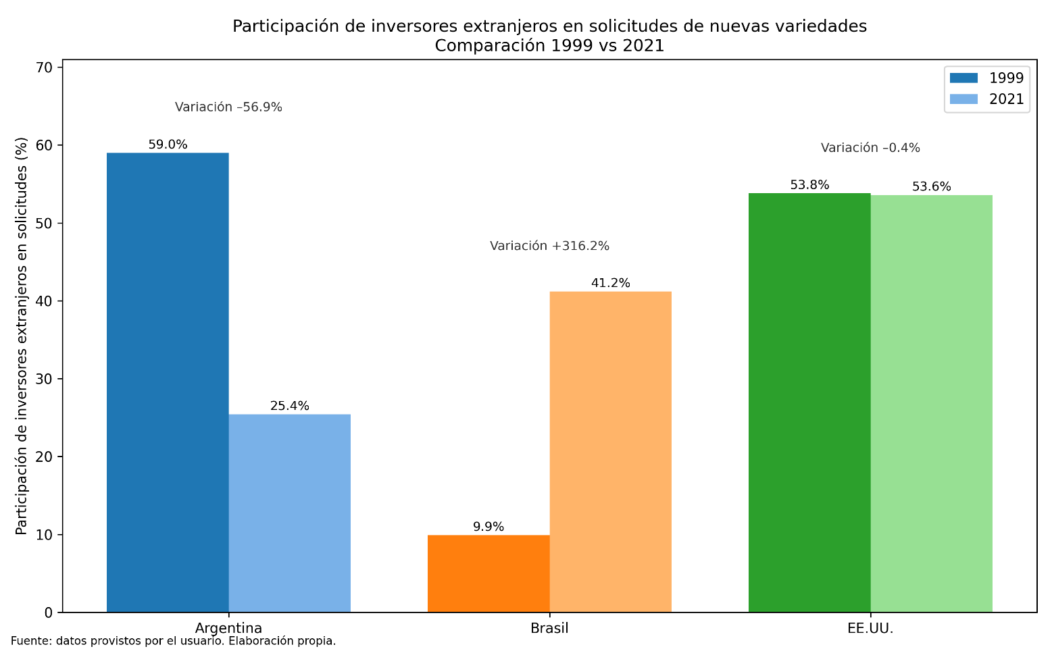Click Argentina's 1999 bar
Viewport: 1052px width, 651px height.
pyautogui.click(x=168, y=382)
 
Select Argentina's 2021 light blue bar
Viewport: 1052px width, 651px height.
pyautogui.click(x=289, y=513)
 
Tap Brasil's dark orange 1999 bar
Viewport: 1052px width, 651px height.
pyautogui.click(x=489, y=573)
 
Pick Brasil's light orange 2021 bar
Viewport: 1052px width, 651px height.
pyautogui.click(x=610, y=452)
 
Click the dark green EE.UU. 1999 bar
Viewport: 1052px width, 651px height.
pyautogui.click(x=809, y=402)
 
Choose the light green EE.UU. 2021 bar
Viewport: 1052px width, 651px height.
pyautogui.click(x=931, y=404)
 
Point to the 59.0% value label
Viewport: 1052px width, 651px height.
pyautogui.click(x=168, y=145)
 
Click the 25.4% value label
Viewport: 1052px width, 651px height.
pyautogui.click(x=289, y=406)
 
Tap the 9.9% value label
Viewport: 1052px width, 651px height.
pyautogui.click(x=489, y=527)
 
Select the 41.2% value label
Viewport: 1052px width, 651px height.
pyautogui.click(x=610, y=283)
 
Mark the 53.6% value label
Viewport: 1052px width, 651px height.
pyautogui.click(x=931, y=186)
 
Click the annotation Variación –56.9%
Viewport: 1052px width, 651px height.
pyautogui.click(x=228, y=107)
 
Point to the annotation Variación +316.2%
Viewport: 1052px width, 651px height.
pyautogui.click(x=549, y=246)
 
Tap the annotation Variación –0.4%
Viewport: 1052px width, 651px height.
pyautogui.click(x=870, y=147)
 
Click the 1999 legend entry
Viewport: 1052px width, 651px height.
pyautogui.click(x=986, y=78)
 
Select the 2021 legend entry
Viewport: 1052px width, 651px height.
pyautogui.click(x=986, y=99)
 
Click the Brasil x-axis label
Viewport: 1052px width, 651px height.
pyautogui.click(x=549, y=628)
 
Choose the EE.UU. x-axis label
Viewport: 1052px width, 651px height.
pyautogui.click(x=870, y=628)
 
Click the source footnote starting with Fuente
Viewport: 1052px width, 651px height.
pyautogui.click(x=173, y=641)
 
